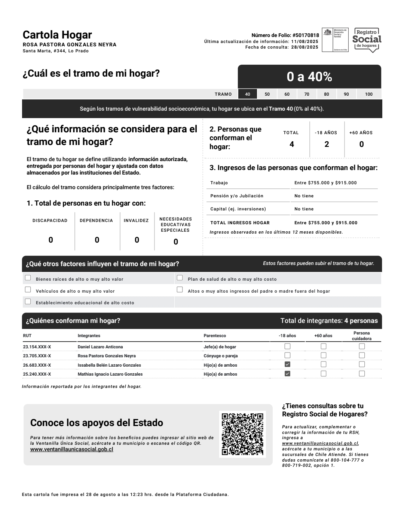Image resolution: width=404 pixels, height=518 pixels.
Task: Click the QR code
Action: tap(242, 434)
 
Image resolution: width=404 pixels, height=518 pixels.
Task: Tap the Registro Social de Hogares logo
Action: tap(367, 40)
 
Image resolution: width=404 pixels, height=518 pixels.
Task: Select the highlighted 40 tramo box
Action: tap(248, 94)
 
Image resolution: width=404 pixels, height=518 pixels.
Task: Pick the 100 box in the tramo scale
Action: tap(369, 94)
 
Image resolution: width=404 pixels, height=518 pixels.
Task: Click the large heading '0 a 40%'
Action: tap(309, 77)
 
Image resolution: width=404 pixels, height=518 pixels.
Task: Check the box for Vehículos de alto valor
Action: tap(28, 290)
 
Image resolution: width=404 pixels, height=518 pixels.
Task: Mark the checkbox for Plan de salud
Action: tap(180, 278)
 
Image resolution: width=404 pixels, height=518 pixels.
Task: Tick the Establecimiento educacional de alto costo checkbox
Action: tap(28, 301)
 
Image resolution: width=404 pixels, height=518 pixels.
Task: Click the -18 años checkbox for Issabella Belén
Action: tap(287, 364)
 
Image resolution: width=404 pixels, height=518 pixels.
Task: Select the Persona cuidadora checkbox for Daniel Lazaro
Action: tap(362, 346)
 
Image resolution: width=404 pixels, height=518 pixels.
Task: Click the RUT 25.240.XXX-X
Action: tap(37, 374)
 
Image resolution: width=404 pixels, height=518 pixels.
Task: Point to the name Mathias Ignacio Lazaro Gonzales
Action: tap(110, 374)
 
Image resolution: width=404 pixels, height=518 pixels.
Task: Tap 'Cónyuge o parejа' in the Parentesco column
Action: tap(221, 356)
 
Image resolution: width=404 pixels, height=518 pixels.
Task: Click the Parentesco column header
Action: tap(215, 336)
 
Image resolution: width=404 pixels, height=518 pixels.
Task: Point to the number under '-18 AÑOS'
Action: tap(327, 145)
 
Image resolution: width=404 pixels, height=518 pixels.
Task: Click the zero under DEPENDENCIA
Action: tap(97, 240)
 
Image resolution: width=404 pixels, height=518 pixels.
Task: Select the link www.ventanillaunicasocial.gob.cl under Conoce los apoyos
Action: tap(71, 449)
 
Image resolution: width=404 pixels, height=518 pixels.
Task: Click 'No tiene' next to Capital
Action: tap(304, 209)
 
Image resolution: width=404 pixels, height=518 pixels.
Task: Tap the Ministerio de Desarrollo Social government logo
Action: tap(335, 40)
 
